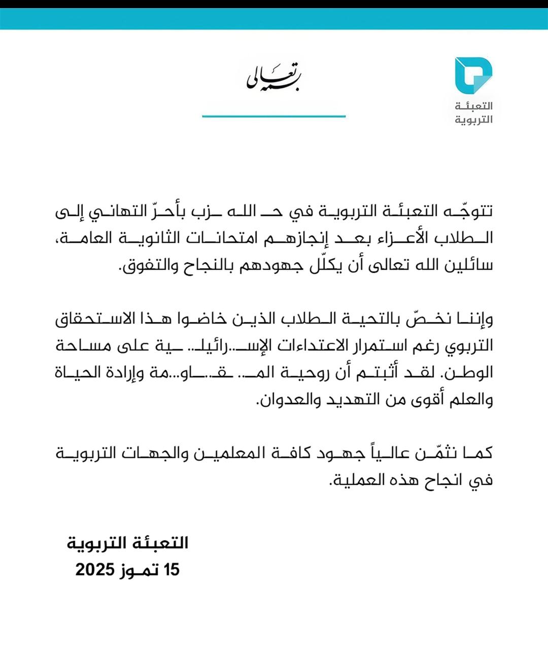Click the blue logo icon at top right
click(473, 76)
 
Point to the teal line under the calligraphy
click(274, 116)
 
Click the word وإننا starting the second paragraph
click(474, 319)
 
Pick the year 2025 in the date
click(95, 570)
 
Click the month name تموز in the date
click(140, 570)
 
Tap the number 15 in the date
click(171, 570)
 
